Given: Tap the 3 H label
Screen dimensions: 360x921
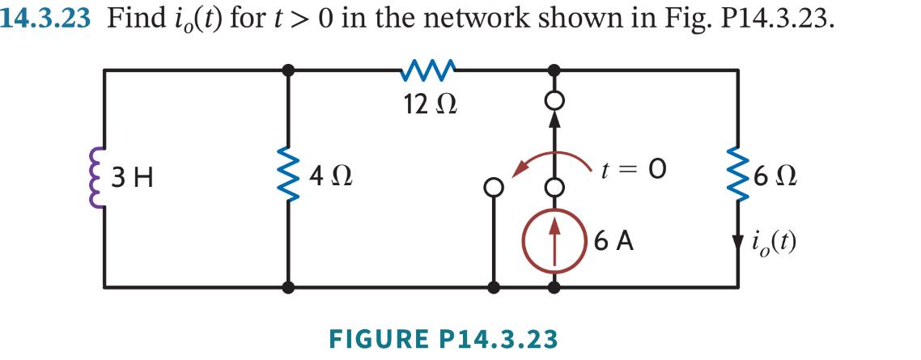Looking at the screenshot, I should (133, 176).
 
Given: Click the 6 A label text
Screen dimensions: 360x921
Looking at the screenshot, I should (613, 240).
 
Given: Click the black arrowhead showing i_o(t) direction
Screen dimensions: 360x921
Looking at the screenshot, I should (737, 243).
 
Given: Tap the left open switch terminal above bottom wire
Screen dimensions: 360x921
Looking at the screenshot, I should (492, 186).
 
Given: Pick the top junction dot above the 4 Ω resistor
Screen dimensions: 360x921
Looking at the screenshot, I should (288, 70).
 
